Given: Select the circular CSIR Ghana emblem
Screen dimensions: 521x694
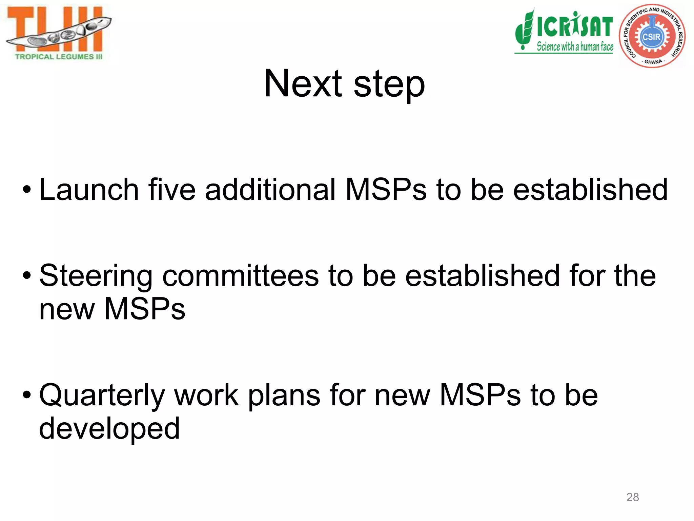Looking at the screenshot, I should (652, 36).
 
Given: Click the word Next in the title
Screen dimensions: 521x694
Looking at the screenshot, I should (303, 83).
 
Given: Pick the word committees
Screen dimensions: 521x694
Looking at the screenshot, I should (241, 275).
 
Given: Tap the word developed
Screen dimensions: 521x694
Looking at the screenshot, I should (109, 429).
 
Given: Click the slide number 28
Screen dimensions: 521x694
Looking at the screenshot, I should (632, 497).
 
